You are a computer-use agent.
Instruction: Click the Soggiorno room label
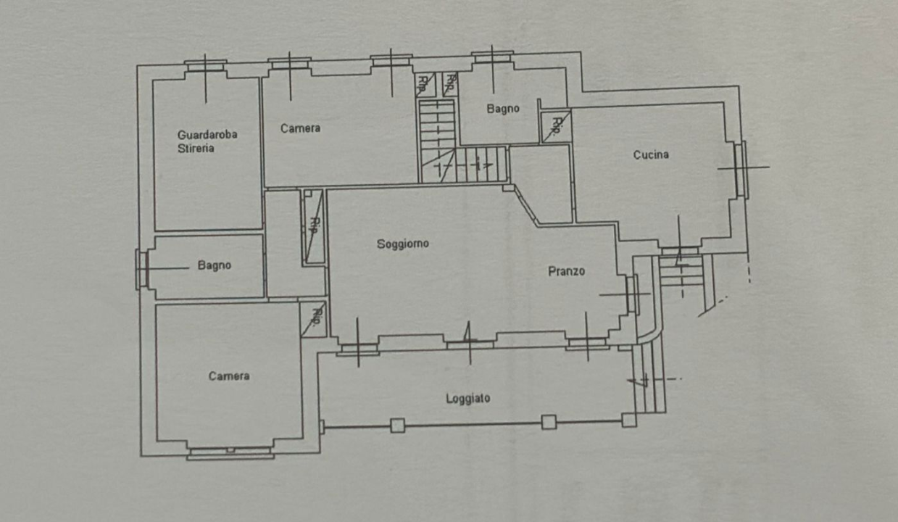[x=402, y=244]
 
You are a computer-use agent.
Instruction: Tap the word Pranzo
[x=566, y=271]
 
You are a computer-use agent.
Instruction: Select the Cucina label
[x=651, y=154]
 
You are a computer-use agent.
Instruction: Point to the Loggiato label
[x=468, y=398]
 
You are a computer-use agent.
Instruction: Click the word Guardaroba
[x=207, y=134]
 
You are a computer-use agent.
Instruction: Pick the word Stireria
[x=196, y=149]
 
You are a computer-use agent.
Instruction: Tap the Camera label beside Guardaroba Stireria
[x=300, y=128]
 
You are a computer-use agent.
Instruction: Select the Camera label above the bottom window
[x=229, y=376]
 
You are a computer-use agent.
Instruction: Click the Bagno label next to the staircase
[x=502, y=109]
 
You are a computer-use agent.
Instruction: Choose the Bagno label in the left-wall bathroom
[x=214, y=265]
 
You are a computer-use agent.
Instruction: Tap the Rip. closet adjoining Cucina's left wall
[x=556, y=126]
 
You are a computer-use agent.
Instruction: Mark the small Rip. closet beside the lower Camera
[x=313, y=318]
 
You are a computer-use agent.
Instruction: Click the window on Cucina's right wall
[x=741, y=169]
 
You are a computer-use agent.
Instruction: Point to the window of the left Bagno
[x=142, y=269]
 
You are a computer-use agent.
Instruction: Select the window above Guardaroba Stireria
[x=205, y=66]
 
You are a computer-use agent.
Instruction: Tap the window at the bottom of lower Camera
[x=230, y=453]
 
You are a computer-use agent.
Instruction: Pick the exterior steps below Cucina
[x=681, y=272]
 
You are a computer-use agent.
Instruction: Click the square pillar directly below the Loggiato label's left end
[x=397, y=426]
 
